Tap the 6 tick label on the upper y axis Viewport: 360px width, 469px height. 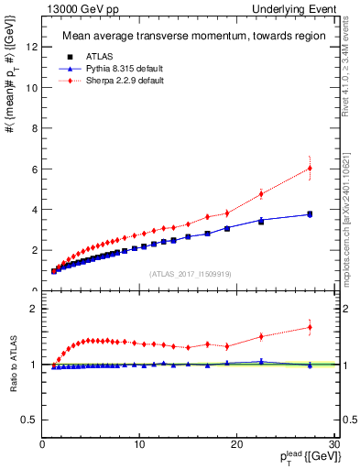[35, 169]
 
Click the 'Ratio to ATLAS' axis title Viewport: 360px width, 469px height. [13, 365]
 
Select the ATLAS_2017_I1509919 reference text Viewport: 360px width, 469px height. [189, 273]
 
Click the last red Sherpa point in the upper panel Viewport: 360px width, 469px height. [310, 168]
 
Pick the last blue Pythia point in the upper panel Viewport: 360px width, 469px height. [310, 213]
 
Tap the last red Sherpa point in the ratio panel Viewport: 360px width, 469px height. [310, 327]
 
